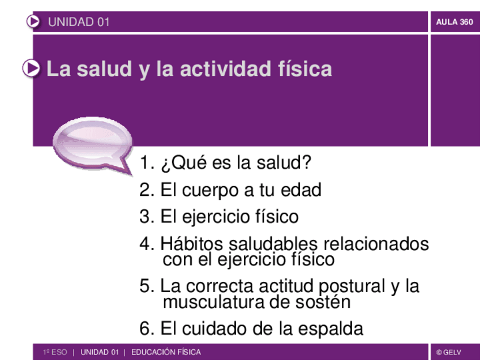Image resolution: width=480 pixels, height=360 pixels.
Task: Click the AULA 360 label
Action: click(455, 23)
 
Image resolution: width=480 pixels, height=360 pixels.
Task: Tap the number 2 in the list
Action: click(144, 190)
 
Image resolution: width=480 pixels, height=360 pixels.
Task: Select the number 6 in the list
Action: click(144, 328)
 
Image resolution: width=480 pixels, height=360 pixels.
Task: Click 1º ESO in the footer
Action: click(55, 353)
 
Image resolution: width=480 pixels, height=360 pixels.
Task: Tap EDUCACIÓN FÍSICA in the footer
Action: click(166, 353)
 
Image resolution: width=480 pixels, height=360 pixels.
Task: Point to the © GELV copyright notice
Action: click(449, 353)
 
